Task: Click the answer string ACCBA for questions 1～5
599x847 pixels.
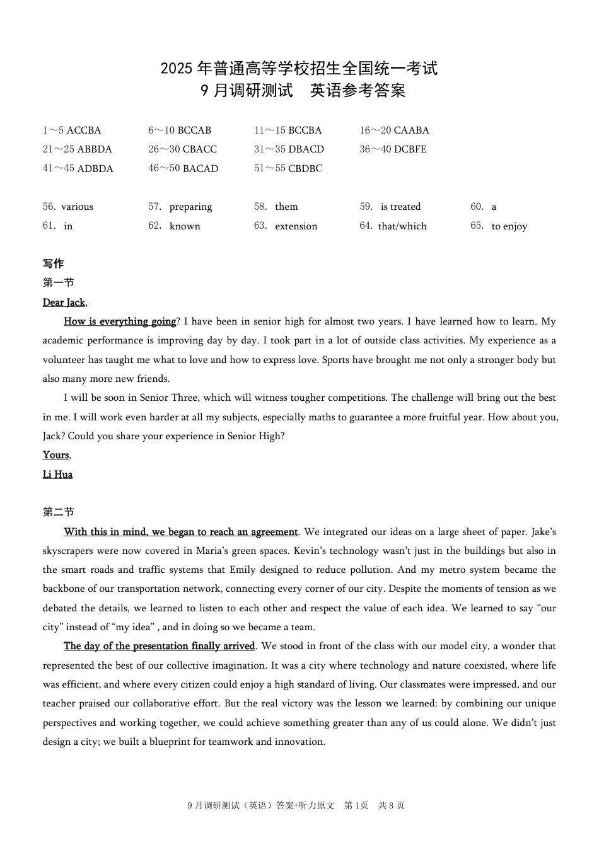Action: [x=84, y=130]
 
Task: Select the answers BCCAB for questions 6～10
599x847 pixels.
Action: [x=194, y=130]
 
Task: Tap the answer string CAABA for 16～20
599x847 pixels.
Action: [x=412, y=130]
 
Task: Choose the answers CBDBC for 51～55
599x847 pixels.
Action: [x=305, y=168]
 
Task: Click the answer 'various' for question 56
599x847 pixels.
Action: [x=77, y=207]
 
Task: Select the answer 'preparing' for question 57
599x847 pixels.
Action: [x=190, y=207]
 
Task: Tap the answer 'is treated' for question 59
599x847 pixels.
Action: [x=400, y=207]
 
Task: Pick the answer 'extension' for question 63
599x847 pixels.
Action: [x=296, y=226]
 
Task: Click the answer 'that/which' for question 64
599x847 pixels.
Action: [x=402, y=226]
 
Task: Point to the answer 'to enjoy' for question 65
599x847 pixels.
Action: [x=509, y=226]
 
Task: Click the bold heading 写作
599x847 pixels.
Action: [x=54, y=263]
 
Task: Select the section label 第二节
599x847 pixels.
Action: [x=59, y=512]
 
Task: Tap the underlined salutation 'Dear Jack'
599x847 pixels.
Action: [x=64, y=302]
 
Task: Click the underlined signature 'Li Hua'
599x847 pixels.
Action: [x=57, y=475]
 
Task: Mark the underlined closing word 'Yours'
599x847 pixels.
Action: [x=56, y=455]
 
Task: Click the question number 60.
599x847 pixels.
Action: [x=477, y=207]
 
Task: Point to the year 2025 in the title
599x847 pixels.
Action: [x=177, y=69]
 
